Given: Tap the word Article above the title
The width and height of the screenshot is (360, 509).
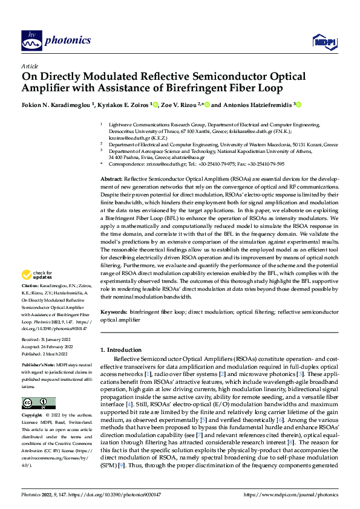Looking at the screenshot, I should coord(30,66).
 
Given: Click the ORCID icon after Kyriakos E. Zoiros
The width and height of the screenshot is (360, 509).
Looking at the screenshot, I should coord(156,104).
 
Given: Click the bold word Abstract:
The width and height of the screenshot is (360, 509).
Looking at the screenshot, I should coord(111,180).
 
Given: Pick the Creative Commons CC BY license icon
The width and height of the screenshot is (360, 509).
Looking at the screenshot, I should coord(38,404).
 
